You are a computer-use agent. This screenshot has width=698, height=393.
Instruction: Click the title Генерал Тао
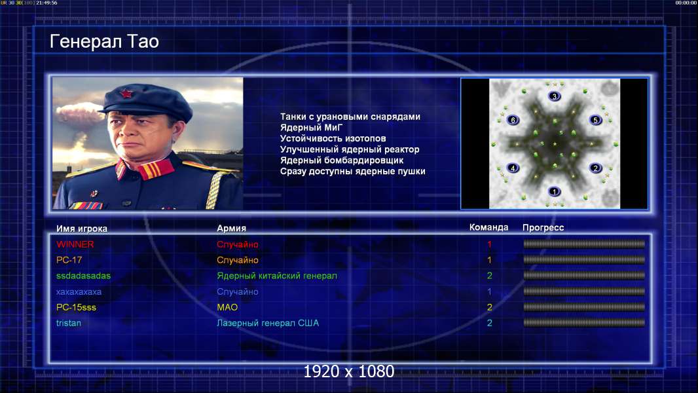pyautogui.click(x=104, y=41)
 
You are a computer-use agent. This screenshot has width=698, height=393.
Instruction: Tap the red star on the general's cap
pyautogui.click(x=126, y=94)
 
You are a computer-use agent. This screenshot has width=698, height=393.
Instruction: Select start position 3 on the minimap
pyautogui.click(x=554, y=96)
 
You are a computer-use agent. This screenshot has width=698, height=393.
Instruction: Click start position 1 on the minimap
pyautogui.click(x=554, y=192)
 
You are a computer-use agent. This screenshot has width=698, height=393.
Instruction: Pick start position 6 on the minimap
pyautogui.click(x=513, y=120)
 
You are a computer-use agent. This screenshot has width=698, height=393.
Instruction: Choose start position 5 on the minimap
pyautogui.click(x=596, y=120)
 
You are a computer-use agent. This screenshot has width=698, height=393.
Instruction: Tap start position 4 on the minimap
pyautogui.click(x=513, y=168)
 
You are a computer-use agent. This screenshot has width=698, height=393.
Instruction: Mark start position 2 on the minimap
pyautogui.click(x=596, y=168)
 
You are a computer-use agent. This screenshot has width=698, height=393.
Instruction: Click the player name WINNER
pyautogui.click(x=75, y=244)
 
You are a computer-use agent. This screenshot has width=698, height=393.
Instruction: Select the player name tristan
pyautogui.click(x=69, y=323)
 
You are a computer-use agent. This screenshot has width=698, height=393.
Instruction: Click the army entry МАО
pyautogui.click(x=227, y=308)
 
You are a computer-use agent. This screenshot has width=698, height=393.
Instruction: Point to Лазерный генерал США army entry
pyautogui.click(x=268, y=323)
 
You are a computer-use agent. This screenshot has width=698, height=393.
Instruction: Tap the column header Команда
pyautogui.click(x=488, y=227)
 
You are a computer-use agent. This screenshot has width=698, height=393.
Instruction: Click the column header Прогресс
pyautogui.click(x=543, y=228)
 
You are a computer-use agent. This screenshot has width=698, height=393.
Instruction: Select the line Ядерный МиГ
pyautogui.click(x=311, y=127)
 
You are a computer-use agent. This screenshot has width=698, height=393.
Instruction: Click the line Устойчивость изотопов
pyautogui.click(x=333, y=138)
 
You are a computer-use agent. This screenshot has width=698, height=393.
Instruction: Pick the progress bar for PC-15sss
pyautogui.click(x=584, y=307)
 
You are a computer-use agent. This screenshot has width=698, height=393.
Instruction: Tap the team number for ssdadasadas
pyautogui.click(x=489, y=276)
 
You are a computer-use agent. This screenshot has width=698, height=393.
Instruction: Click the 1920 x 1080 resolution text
pyautogui.click(x=348, y=371)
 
